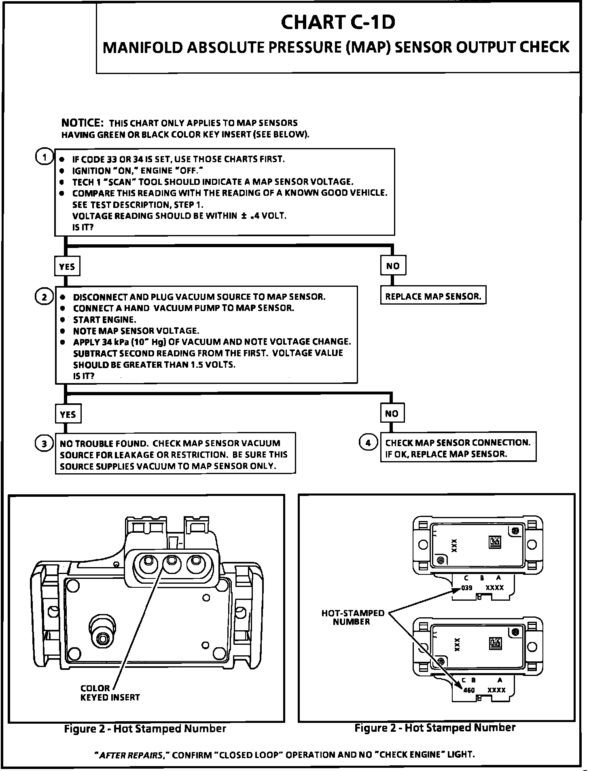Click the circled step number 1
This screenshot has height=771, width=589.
click(x=44, y=157)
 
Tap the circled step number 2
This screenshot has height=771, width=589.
click(x=44, y=297)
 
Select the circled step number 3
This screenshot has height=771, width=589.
click(x=44, y=444)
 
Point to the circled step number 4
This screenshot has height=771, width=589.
click(x=368, y=443)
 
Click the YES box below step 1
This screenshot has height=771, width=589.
click(x=67, y=267)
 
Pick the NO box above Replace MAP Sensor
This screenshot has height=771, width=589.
click(x=392, y=266)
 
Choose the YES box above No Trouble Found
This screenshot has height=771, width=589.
click(x=68, y=414)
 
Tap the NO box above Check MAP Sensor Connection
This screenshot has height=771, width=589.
click(x=392, y=413)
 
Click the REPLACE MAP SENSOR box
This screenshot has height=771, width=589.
click(x=433, y=297)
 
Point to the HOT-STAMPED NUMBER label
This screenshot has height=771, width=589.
click(x=352, y=617)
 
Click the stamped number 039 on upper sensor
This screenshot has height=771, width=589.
click(x=466, y=588)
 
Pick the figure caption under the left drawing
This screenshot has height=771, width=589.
click(x=145, y=729)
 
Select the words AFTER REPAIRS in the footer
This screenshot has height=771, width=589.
click(x=132, y=754)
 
